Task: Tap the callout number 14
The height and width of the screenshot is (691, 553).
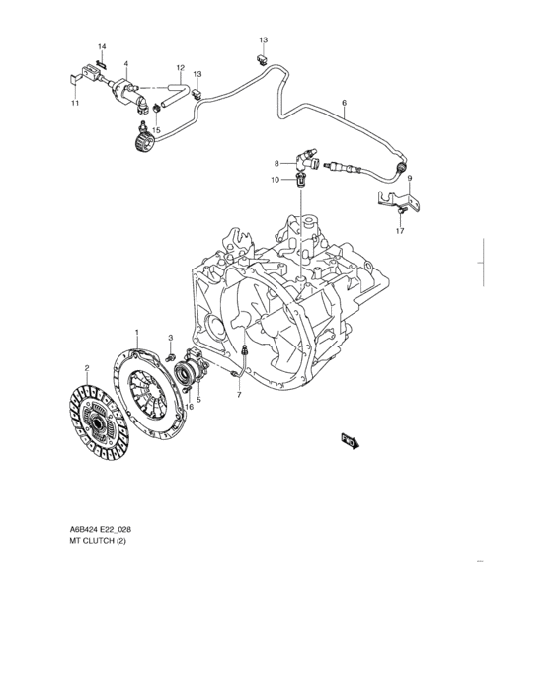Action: (102, 46)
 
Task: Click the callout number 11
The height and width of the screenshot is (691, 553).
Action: (75, 103)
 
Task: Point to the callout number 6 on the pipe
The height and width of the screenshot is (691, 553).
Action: (344, 103)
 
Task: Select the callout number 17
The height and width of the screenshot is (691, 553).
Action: (400, 231)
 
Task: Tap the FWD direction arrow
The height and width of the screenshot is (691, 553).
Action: (351, 441)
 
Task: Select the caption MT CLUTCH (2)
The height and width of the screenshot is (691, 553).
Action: (98, 541)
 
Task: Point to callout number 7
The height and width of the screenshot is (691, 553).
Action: (239, 395)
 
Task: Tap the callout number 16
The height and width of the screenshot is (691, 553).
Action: (189, 407)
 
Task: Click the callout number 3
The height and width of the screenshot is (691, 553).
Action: (171, 338)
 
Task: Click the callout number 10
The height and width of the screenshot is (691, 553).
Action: (276, 180)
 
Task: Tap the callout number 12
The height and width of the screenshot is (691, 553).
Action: (180, 68)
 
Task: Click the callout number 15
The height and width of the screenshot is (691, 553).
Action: (157, 130)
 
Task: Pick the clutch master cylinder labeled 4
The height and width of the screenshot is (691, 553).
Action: (128, 93)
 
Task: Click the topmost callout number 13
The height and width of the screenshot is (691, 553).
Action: (264, 40)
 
